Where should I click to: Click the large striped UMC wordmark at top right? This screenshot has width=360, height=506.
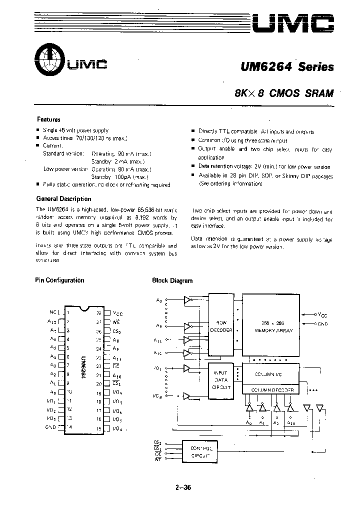click(x=292, y=22)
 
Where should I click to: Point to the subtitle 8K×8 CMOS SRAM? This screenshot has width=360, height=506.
click(x=284, y=92)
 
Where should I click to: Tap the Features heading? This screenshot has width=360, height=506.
click(x=48, y=120)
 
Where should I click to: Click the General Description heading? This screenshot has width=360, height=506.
click(x=63, y=199)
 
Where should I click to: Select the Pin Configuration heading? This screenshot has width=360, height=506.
click(x=59, y=280)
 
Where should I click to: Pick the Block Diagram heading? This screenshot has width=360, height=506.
click(x=172, y=281)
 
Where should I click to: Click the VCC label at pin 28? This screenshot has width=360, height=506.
click(x=118, y=313)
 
